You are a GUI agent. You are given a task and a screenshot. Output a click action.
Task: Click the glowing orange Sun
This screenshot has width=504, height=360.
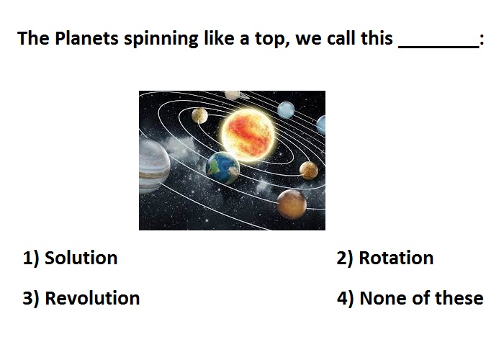[x=248, y=135]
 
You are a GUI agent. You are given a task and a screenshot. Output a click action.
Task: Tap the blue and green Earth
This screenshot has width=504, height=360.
[x=222, y=168]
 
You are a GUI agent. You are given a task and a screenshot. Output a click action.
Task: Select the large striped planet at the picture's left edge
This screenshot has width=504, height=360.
[x=154, y=166]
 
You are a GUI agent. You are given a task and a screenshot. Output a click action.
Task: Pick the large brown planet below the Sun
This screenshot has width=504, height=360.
[x=292, y=204]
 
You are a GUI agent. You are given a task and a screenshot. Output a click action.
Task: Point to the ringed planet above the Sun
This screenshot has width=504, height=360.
[x=235, y=95]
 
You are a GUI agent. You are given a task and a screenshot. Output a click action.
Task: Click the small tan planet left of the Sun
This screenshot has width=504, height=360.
[x=199, y=116]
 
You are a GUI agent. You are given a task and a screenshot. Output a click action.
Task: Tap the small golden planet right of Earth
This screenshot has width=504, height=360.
[x=309, y=171]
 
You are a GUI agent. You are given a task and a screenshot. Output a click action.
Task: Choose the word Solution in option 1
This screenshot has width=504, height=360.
[x=81, y=258]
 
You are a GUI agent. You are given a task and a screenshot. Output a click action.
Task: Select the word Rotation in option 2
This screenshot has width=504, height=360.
[x=396, y=258]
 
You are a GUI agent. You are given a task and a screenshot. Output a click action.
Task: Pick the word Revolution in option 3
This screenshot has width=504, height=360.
[x=92, y=298]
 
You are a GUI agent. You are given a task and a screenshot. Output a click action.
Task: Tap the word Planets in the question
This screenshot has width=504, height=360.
[x=86, y=38]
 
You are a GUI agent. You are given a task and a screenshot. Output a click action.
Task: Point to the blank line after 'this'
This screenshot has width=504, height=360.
[x=438, y=48]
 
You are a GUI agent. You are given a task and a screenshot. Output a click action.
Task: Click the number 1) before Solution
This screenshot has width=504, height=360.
[x=31, y=258]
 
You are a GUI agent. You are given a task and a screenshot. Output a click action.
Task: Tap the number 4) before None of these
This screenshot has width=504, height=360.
[x=345, y=298]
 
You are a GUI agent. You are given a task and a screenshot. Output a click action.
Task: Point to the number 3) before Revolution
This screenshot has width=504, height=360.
[x=31, y=298]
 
